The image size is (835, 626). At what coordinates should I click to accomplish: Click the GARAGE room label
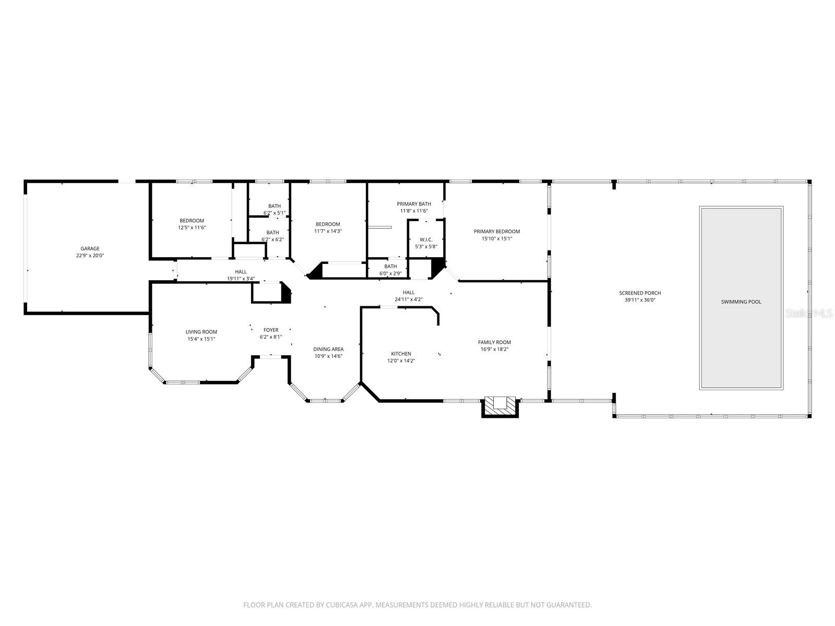point(90,249)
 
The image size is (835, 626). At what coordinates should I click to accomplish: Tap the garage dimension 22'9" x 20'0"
point(90,256)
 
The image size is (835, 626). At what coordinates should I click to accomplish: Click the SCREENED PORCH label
point(640,293)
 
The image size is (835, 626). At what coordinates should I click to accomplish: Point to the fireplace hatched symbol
point(500,406)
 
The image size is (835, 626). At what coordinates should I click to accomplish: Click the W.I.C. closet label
point(426,239)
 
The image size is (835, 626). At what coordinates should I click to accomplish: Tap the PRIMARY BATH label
point(414,204)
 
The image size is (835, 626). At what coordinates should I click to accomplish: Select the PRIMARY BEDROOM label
point(497,232)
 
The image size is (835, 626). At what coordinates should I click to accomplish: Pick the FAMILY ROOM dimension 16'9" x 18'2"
point(494,350)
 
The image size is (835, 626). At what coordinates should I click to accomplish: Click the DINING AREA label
point(328,349)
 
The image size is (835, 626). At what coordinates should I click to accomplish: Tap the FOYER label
point(271,330)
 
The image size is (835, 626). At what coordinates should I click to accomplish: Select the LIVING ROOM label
point(201,332)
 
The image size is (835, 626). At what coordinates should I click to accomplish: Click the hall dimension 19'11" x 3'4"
point(241,279)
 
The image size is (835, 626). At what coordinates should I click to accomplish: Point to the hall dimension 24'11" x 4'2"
point(409,299)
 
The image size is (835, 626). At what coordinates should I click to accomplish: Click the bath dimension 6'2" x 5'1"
point(275,213)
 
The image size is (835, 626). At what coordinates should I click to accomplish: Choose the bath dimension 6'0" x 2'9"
point(390,273)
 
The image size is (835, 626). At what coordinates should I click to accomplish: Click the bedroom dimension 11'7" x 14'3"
point(328,231)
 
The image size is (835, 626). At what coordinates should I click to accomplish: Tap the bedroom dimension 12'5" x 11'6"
point(192,227)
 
